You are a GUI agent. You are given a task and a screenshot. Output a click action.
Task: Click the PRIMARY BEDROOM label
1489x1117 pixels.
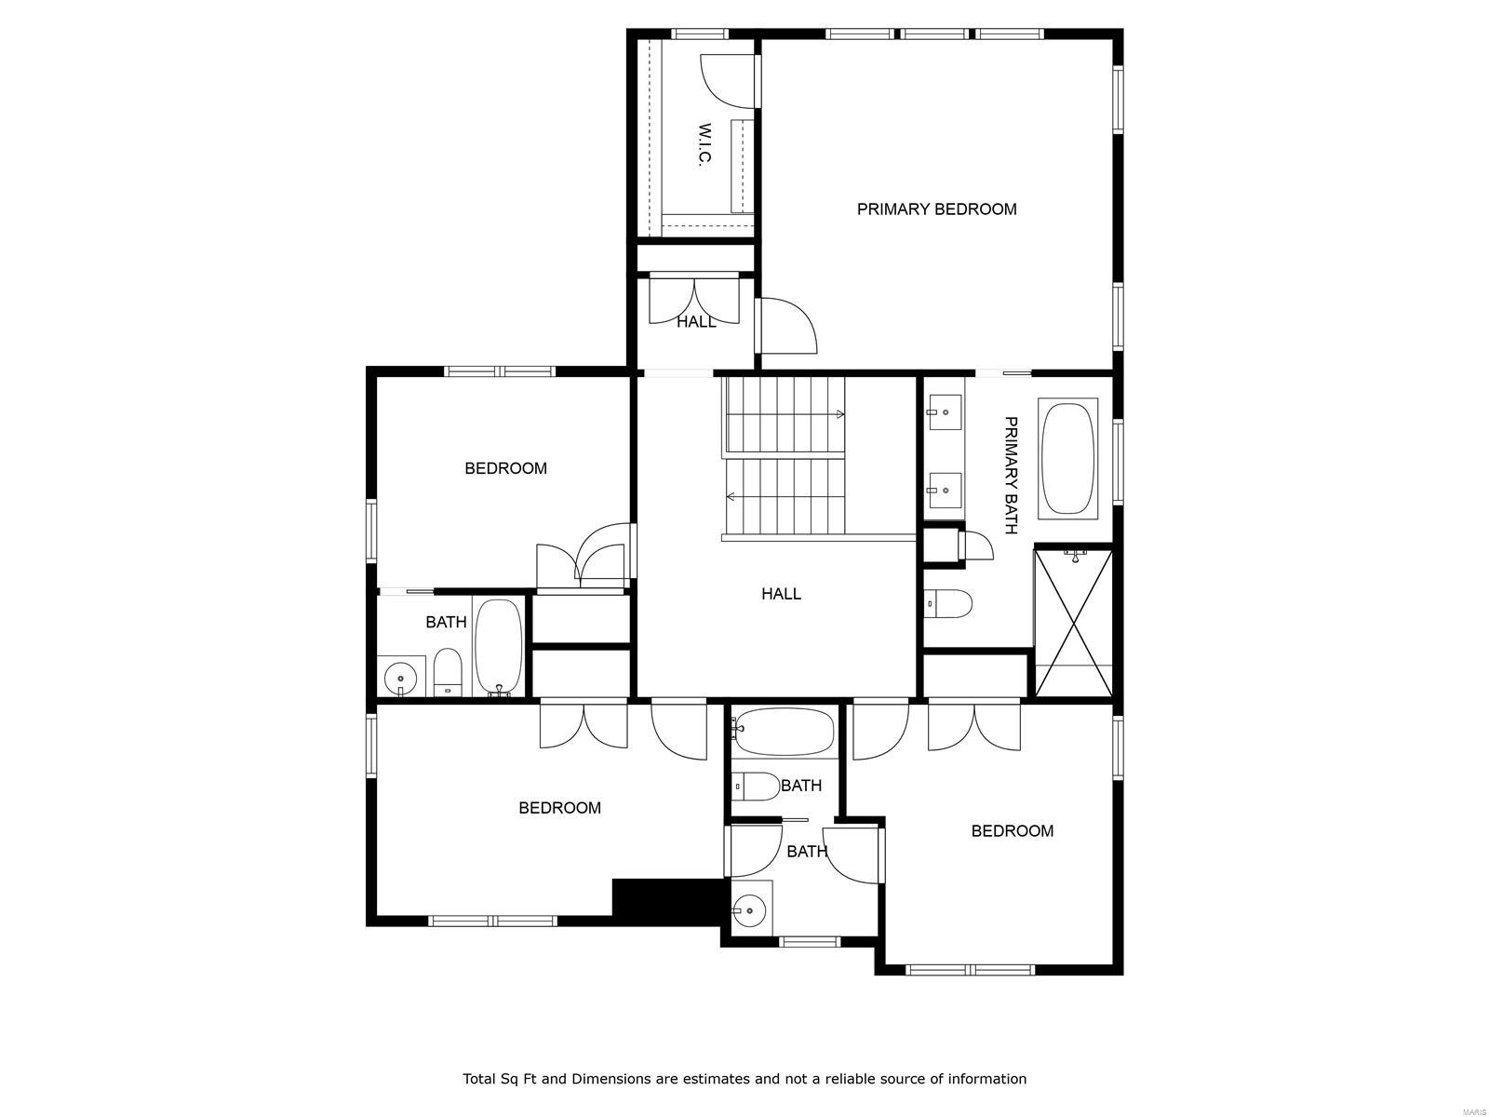point(936,209)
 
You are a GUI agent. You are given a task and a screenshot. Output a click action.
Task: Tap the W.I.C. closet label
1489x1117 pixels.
point(704,145)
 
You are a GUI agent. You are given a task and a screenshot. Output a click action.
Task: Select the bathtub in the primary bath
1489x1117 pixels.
point(1068,458)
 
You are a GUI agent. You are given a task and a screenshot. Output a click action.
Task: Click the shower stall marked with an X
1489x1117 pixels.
point(1074,621)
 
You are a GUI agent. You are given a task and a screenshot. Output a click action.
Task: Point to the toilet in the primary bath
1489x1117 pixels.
point(948,604)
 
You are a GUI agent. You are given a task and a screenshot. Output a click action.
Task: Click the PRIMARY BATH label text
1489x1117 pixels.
point(1012,475)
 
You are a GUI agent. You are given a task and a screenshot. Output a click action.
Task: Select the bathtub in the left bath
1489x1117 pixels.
point(499,646)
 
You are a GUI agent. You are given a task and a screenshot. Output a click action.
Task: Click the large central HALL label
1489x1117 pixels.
point(781,594)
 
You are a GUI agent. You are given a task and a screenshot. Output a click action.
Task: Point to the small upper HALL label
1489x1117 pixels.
point(696,322)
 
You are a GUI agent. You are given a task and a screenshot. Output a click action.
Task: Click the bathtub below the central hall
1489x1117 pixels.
point(784,732)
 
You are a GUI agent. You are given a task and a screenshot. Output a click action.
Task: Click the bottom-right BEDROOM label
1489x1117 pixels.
point(1012,831)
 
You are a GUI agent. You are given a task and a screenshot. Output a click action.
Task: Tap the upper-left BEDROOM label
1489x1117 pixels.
point(505,468)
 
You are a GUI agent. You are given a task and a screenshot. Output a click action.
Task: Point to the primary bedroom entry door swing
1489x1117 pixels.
point(787,326)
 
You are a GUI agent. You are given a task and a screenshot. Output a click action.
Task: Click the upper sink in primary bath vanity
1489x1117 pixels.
point(945,410)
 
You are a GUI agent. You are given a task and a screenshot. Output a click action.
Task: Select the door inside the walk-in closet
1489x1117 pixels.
point(726,79)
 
